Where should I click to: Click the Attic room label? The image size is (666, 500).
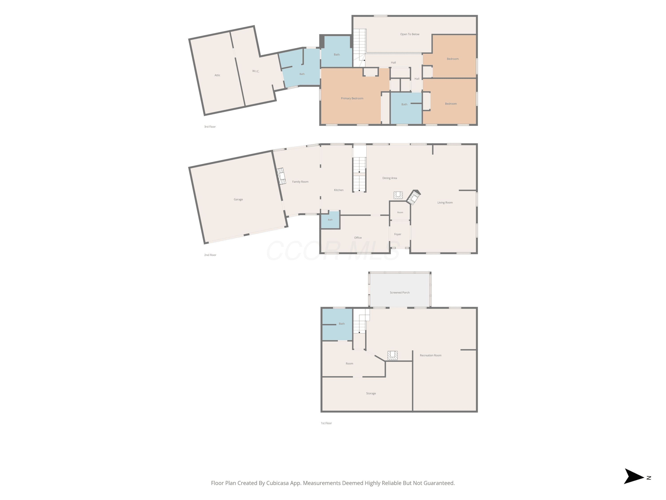click(217, 75)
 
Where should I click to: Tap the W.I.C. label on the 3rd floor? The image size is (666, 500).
click(256, 71)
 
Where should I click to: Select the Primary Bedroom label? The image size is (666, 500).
click(352, 98)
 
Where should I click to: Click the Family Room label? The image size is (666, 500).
click(300, 182)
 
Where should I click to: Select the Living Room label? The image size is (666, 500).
click(445, 202)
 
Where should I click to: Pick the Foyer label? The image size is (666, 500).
click(398, 234)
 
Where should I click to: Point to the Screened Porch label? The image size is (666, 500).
click(400, 293)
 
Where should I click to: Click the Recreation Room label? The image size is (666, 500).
click(430, 356)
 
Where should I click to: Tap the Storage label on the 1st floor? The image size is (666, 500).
click(371, 394)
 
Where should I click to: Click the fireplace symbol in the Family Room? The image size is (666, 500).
click(281, 176)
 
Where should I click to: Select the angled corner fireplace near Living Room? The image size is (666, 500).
click(414, 197)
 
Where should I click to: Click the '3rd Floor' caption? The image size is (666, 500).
click(210, 127)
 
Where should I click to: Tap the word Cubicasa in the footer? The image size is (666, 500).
click(277, 483)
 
